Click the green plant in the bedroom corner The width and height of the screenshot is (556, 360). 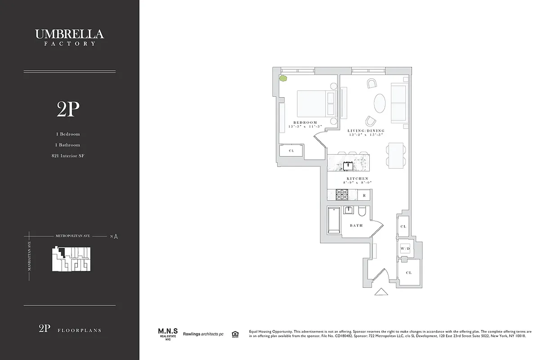[283, 78]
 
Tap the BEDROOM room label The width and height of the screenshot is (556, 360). [305, 122]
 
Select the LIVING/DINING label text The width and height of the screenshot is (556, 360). [366, 131]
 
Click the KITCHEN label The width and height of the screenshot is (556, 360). [357, 179]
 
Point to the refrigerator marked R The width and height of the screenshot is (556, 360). [364, 195]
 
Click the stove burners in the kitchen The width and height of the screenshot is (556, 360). [342, 195]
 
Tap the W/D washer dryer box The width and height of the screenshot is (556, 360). [405, 248]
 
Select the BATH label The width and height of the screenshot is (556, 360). [356, 225]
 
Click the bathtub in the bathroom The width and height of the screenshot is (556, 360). [334, 220]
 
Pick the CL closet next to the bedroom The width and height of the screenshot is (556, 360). [291, 151]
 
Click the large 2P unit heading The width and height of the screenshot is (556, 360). [68, 109]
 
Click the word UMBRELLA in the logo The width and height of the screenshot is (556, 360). [69, 34]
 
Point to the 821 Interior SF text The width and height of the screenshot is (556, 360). [68, 156]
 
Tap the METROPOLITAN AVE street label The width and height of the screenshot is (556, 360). [72, 236]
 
